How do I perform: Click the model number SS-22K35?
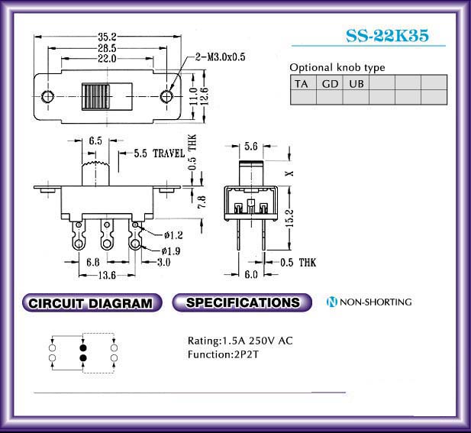[x=387, y=35]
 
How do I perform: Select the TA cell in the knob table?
[x=303, y=82]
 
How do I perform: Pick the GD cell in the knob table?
[x=330, y=82]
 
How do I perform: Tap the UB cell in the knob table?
[x=356, y=82]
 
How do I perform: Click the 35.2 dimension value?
[x=107, y=37]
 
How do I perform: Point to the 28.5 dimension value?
[x=107, y=48]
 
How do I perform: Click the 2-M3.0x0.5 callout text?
[x=221, y=57]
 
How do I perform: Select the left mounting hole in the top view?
[x=47, y=96]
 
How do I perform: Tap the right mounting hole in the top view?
[x=166, y=96]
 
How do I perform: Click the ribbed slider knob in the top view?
[x=96, y=97]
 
